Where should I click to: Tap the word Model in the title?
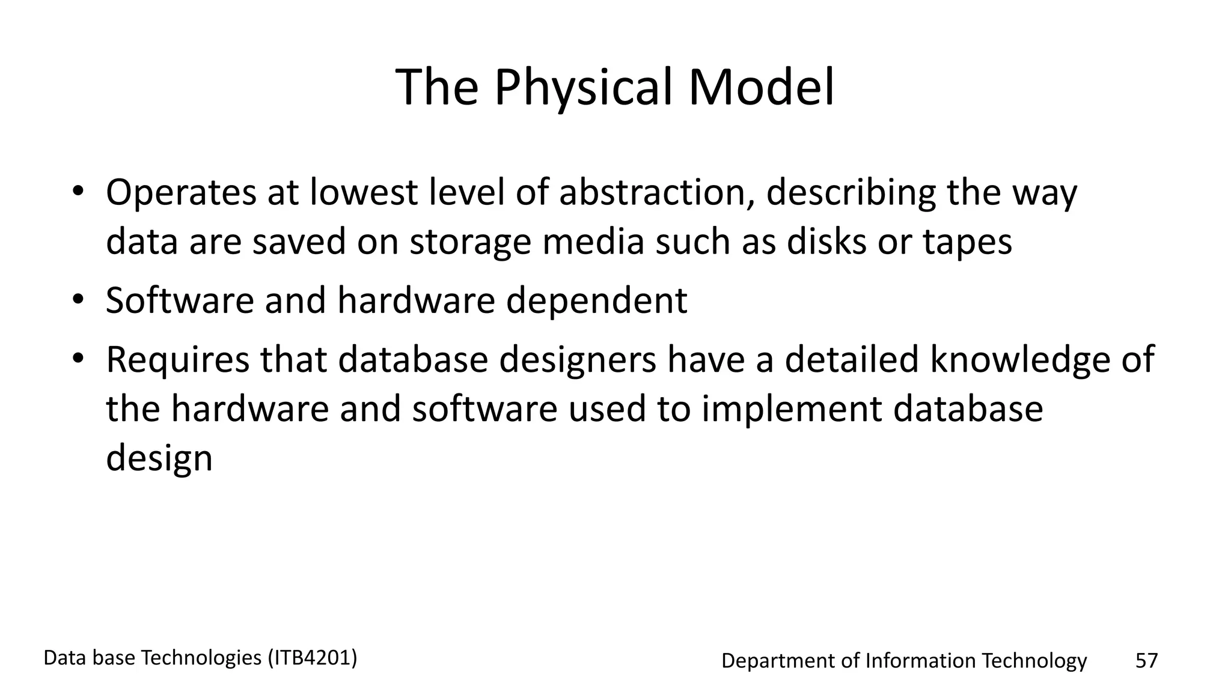(761, 87)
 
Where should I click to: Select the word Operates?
(181, 193)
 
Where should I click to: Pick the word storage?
(471, 242)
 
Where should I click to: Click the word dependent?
(596, 300)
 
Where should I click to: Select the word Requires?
(177, 360)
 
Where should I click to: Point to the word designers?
(578, 360)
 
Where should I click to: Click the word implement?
(791, 409)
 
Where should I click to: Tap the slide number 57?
(1146, 661)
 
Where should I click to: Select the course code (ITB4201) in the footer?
(312, 658)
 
